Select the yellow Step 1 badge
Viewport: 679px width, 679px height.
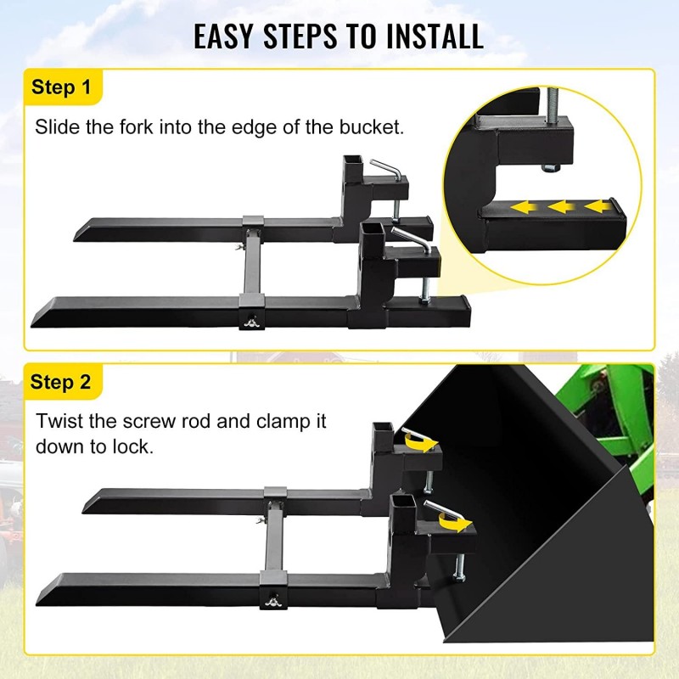[x=60, y=87]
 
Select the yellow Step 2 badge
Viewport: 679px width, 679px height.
[x=60, y=382]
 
